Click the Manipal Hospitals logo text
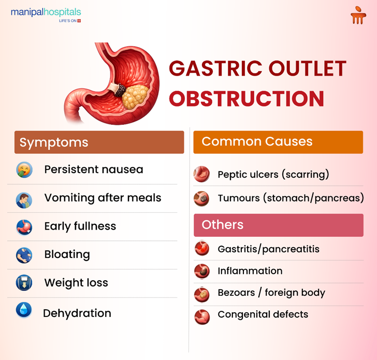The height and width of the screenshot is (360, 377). pos(46,12)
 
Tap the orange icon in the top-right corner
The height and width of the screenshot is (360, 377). pos(358,16)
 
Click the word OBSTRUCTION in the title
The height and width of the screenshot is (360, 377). pos(247,98)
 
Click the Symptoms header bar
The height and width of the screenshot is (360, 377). pos(99,142)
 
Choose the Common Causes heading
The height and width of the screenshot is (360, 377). pos(278,141)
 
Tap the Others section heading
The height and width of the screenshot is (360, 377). pos(278,225)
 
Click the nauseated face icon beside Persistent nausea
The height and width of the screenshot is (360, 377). pos(24,170)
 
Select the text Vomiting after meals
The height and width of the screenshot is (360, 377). pos(103,198)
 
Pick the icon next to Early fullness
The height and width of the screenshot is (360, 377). pos(24,227)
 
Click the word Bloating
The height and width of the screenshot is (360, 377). pos(67,254)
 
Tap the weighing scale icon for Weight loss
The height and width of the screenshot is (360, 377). pos(24,283)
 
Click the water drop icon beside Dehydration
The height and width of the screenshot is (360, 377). pos(24,310)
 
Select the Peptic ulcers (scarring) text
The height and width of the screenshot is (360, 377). pos(273,175)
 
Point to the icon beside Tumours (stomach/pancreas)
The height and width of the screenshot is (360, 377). pos(201,198)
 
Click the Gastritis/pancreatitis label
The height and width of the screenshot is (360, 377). pos(268,249)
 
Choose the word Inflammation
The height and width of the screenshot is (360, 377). pos(250,271)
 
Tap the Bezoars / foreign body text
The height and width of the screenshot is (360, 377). pos(271,293)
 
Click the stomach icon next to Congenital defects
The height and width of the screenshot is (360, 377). pos(201,315)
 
